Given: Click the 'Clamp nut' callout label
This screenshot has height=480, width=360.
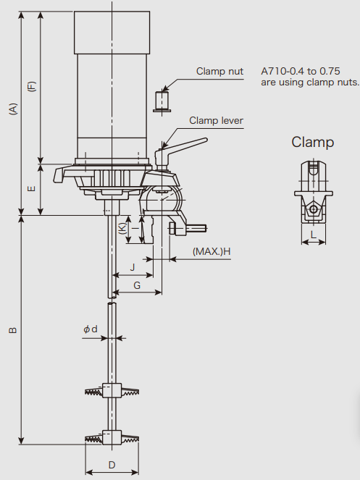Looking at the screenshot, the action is click(x=219, y=72).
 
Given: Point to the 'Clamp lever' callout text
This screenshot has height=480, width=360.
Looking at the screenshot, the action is click(x=216, y=121).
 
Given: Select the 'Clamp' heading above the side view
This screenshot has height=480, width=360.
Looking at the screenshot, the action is click(x=312, y=143).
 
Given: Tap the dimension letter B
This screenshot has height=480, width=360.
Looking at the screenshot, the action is click(x=13, y=330).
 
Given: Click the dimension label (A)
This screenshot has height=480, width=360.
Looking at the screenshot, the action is click(x=13, y=109).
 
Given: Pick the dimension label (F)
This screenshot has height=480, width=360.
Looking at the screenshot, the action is click(x=32, y=86).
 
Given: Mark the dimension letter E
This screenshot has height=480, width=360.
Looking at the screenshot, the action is click(x=32, y=188).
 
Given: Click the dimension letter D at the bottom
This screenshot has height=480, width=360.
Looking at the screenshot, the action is click(x=112, y=465).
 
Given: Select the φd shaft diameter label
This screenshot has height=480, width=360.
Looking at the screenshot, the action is click(x=91, y=329).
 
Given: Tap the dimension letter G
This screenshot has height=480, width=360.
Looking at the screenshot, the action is click(x=137, y=285).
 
